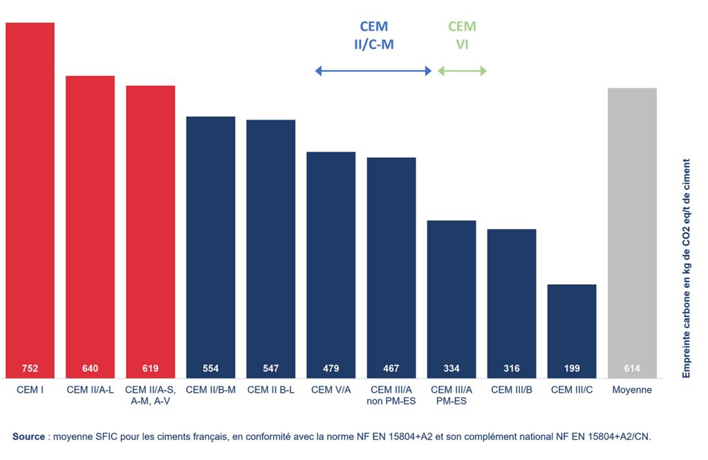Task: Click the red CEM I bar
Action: coord(30,201)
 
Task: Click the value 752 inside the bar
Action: coord(30,369)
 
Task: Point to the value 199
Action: coord(572,369)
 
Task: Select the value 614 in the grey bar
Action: coord(632,369)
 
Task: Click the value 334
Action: coord(451,369)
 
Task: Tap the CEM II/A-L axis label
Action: coord(90,390)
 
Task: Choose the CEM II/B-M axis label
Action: coord(211,390)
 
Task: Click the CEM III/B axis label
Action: coord(512,390)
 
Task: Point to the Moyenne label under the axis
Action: coord(632,390)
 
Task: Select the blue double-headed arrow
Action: coord(373,71)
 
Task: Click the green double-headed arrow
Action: coord(463,71)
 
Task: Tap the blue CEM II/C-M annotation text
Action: coord(373,36)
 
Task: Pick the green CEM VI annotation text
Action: coord(462,36)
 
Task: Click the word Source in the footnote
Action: coord(28,436)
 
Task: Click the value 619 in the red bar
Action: coord(150,369)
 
